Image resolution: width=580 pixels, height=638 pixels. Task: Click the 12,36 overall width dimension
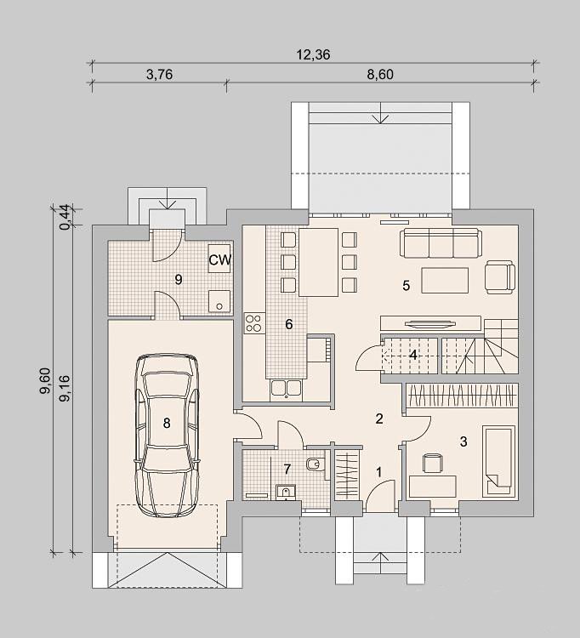(x=313, y=54)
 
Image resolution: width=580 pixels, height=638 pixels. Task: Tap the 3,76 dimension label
(x=159, y=75)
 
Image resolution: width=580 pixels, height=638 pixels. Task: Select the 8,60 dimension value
(x=380, y=75)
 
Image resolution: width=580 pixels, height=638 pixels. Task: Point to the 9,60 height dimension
(x=45, y=381)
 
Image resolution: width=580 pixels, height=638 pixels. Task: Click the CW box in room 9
(x=219, y=259)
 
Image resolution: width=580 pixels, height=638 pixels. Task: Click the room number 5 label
(x=406, y=286)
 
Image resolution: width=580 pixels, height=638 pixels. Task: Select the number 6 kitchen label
(x=289, y=324)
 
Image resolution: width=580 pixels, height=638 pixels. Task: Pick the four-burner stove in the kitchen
(x=254, y=323)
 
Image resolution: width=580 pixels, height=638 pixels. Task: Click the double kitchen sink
(x=286, y=389)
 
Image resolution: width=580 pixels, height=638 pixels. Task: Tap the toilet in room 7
(x=316, y=464)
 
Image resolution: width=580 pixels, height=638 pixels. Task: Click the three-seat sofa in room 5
(x=441, y=243)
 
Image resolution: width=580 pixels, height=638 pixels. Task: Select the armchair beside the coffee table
(x=500, y=277)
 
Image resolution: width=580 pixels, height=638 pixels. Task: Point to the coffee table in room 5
(x=445, y=280)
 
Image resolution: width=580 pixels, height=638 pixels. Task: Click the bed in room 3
(x=498, y=461)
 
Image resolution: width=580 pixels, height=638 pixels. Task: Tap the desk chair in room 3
(x=433, y=464)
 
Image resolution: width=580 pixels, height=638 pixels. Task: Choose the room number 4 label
(x=412, y=356)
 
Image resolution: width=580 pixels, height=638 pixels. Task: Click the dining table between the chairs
(x=318, y=262)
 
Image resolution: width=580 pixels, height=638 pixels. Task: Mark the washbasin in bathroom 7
(x=286, y=493)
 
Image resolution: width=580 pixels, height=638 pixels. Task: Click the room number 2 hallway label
(x=379, y=419)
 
